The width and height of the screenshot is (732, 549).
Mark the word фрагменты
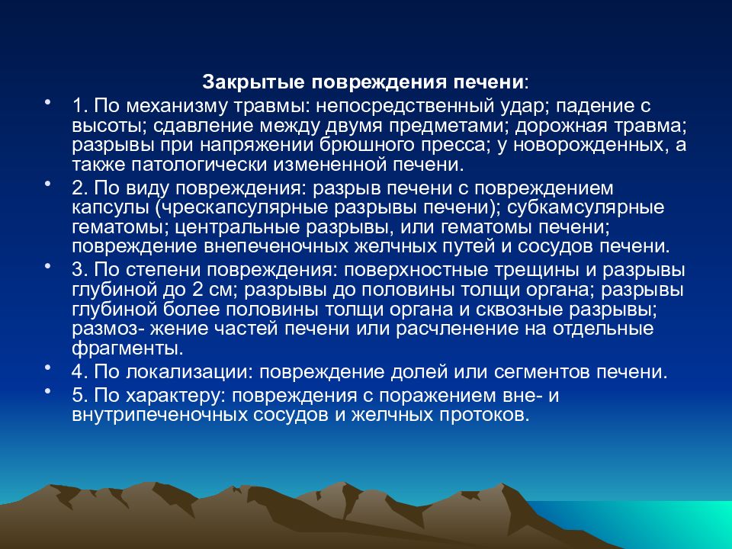point(127,349)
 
